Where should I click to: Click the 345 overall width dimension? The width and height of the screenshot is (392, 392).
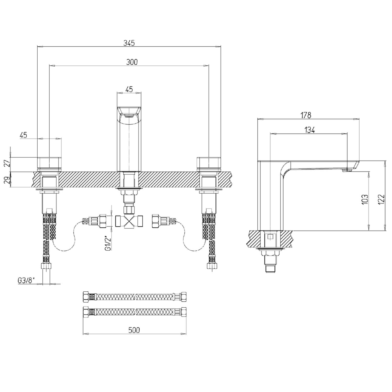tap(129, 43)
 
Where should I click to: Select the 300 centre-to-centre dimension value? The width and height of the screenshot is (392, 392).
tap(132, 62)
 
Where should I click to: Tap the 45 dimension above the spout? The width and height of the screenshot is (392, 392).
tap(129, 89)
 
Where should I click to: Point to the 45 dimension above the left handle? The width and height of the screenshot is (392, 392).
tap(23, 135)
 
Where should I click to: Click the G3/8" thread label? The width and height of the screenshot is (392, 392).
tap(26, 281)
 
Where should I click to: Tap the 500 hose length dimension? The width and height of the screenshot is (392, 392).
tap(134, 330)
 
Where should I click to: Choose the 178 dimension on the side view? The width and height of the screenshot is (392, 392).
tap(306, 115)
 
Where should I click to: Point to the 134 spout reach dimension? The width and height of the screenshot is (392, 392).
tap(309, 130)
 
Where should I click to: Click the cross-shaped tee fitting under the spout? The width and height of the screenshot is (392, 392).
tap(129, 222)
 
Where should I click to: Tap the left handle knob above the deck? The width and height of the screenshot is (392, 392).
tap(50, 164)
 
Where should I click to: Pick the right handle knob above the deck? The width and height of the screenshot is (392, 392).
tap(209, 164)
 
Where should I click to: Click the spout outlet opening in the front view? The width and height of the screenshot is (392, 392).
tap(129, 116)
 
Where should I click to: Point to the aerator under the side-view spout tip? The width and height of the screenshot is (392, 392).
tap(347, 170)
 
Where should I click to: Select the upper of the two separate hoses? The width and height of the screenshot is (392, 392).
tap(134, 296)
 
